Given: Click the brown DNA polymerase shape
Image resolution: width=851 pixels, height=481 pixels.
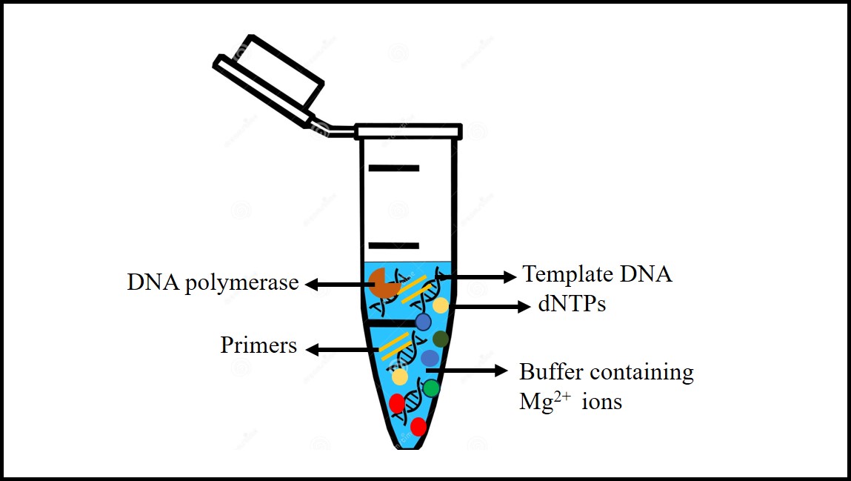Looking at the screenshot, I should pos(383,283).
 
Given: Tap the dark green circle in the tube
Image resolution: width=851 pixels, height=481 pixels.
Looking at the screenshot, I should pos(441,339).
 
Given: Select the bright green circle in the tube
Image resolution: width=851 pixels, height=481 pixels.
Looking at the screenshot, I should pos(431,388).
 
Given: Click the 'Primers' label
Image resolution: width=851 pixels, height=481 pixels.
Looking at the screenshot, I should pos(258,345).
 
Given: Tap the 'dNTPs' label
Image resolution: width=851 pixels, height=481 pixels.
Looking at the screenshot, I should pos(572,305).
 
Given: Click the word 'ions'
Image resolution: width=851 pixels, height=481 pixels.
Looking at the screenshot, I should pos(602,402).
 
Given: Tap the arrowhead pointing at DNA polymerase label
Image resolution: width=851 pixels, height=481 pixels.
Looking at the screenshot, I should pos(311,284).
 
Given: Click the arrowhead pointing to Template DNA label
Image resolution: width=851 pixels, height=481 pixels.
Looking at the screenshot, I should pos(510,276).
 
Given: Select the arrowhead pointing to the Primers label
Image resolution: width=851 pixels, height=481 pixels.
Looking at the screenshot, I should pos(313,349).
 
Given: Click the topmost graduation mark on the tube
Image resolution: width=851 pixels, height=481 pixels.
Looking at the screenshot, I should pos(394,168).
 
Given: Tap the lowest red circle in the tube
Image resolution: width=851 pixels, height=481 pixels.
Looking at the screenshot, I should pos(418,426).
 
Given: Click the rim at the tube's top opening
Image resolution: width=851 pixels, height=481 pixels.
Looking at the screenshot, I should pos(409,132).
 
